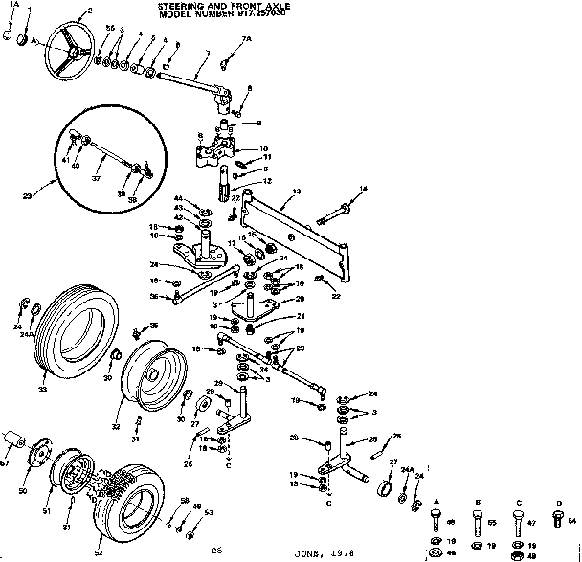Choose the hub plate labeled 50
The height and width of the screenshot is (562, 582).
click(43, 461)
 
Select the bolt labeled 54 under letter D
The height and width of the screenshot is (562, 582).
click(560, 520)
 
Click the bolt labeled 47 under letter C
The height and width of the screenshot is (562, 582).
click(518, 523)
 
